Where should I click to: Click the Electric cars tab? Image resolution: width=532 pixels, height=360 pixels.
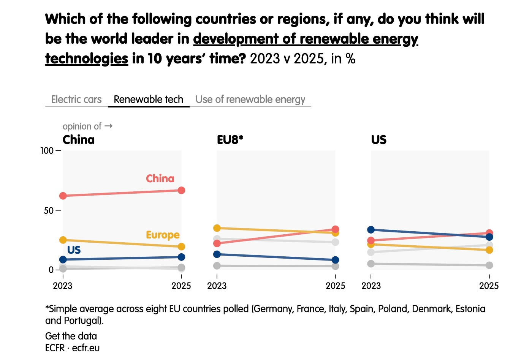76,99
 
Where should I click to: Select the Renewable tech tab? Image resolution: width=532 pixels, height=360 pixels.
149,99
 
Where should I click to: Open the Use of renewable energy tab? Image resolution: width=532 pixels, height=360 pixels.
250,99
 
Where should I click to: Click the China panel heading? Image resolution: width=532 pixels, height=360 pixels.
79,140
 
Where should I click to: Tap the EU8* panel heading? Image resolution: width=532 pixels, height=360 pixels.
230,140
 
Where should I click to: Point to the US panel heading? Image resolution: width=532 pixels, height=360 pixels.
378,140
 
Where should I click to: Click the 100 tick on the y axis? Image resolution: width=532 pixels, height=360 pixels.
47,151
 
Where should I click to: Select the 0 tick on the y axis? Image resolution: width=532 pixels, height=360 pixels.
51,270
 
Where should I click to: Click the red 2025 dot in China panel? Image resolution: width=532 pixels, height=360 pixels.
181,190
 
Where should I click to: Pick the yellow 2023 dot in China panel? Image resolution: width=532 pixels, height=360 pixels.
63,240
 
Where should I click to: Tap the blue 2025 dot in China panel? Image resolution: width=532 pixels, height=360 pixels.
181,257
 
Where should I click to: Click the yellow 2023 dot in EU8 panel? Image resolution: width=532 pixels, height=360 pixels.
217,228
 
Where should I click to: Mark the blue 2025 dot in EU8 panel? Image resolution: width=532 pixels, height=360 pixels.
335,260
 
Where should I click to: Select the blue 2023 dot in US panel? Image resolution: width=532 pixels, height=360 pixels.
371,230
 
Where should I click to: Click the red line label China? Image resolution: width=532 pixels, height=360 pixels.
160,178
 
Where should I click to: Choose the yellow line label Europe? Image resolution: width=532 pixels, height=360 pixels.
163,235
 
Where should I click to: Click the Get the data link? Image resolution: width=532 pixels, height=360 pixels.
71,336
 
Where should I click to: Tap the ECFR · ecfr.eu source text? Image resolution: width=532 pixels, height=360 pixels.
72,348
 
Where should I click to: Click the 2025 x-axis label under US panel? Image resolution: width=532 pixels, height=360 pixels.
489,286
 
